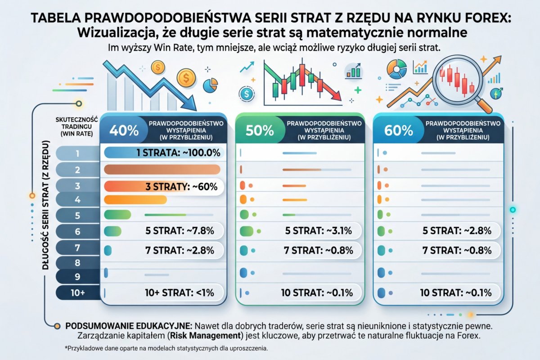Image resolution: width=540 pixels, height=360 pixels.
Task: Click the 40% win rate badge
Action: [120, 130]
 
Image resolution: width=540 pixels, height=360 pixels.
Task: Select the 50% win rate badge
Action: [260, 130]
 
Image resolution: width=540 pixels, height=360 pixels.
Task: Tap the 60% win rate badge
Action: [398, 130]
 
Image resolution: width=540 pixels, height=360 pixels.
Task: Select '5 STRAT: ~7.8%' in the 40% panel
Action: [180, 231]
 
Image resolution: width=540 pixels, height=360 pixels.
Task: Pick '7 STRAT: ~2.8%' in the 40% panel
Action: [180, 251]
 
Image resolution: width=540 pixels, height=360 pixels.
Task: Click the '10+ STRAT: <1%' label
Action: [180, 292]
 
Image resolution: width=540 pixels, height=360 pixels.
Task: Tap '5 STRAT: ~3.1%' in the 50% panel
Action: [319, 231]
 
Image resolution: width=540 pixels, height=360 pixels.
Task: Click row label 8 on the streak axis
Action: [77, 262]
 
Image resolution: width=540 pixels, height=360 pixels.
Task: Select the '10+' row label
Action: [77, 292]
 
